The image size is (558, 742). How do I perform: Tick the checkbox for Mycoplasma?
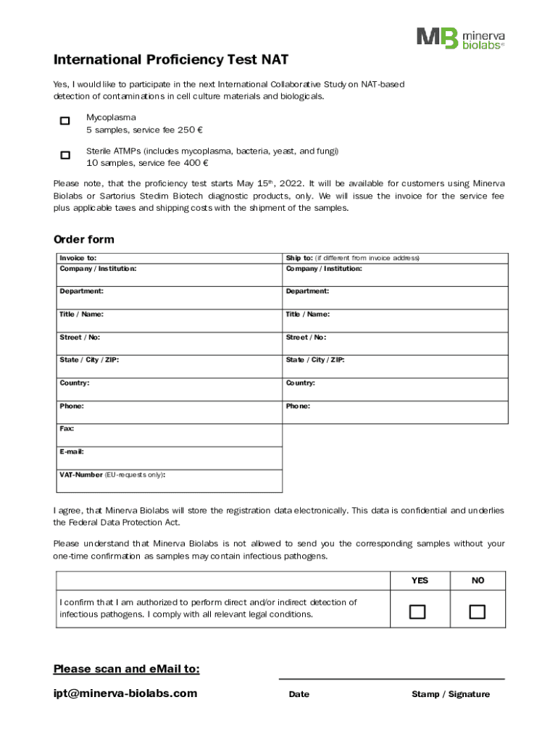click(65, 121)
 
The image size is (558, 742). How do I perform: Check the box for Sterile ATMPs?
click(65, 155)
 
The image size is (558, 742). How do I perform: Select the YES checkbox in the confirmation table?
click(417, 612)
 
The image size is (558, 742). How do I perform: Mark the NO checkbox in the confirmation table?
click(477, 612)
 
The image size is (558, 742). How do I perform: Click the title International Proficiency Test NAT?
click(170, 60)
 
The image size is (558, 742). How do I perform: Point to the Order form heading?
click(83, 240)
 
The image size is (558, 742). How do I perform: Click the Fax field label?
click(67, 429)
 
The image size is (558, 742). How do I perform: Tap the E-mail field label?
click(72, 451)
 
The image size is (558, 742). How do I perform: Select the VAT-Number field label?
click(81, 475)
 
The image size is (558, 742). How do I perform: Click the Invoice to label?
click(78, 258)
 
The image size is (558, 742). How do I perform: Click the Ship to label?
click(299, 258)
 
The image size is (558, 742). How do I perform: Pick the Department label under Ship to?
click(307, 291)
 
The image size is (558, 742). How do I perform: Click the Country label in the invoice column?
click(75, 383)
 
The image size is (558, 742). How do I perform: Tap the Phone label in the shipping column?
click(298, 407)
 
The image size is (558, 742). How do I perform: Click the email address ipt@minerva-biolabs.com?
click(125, 693)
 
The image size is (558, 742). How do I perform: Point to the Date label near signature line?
click(299, 694)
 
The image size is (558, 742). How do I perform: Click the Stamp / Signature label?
click(450, 694)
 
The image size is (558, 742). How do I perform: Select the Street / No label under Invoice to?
click(80, 337)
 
